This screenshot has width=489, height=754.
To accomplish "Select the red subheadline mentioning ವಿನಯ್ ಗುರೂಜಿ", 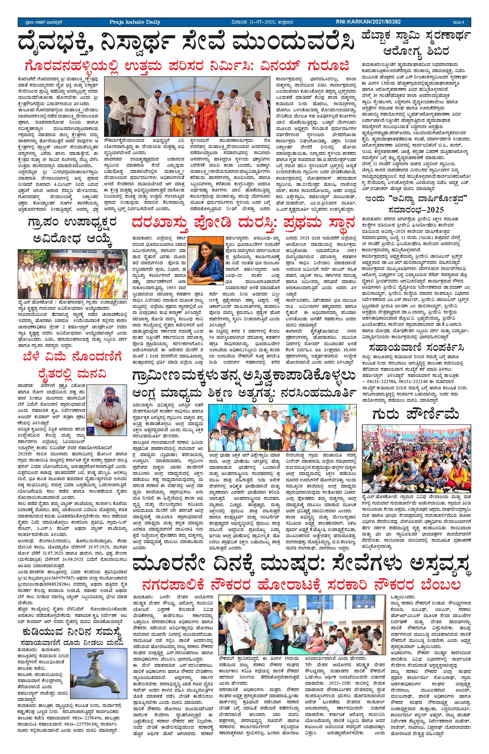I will pos(188,66).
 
